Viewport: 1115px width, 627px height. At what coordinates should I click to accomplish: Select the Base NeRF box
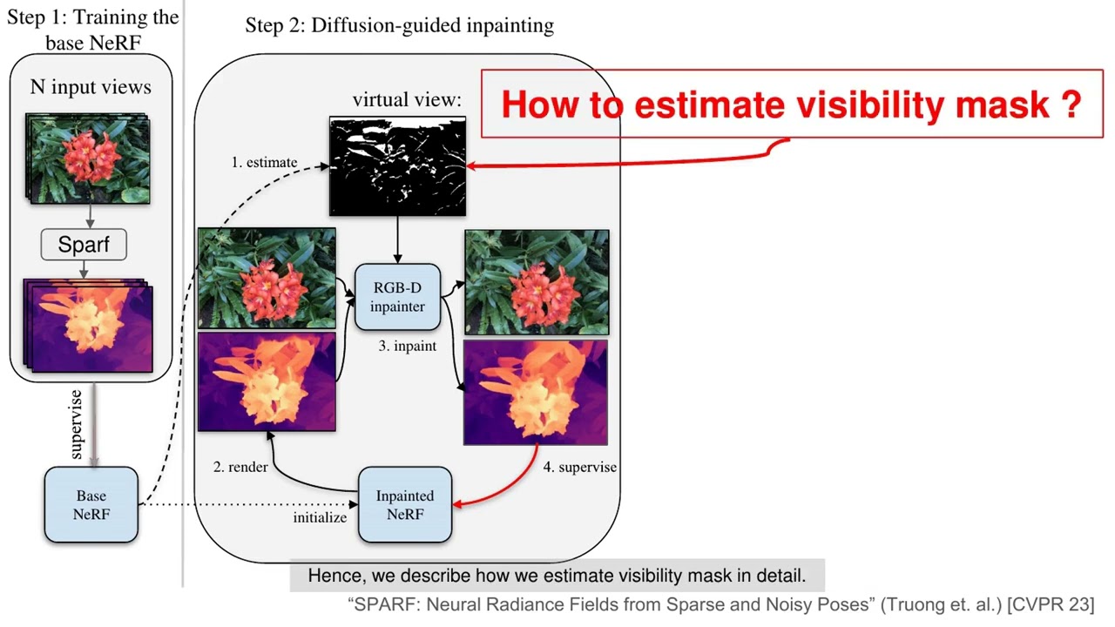coord(91,504)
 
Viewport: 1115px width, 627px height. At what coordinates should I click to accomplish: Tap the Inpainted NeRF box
coord(405,504)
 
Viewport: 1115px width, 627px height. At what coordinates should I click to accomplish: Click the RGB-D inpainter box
coord(397,296)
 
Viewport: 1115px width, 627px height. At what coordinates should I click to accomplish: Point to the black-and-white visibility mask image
coord(397,165)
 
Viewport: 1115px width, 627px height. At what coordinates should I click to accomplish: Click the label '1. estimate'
coord(264,162)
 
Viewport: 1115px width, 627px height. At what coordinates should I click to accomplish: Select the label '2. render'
coord(241,467)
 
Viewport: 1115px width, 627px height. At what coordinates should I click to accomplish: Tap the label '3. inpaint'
coord(408,346)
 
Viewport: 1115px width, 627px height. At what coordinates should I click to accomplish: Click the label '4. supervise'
coord(580,467)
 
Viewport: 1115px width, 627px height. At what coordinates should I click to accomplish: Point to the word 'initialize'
coord(320,517)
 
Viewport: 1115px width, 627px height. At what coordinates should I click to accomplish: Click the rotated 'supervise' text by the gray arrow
coord(77,424)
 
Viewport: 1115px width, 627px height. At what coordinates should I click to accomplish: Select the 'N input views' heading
coord(91,87)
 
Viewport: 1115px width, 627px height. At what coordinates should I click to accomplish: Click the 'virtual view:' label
coord(406,99)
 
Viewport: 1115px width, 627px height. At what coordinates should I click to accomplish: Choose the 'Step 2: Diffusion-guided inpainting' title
coord(399,25)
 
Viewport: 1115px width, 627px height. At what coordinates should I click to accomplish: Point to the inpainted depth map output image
coord(536,393)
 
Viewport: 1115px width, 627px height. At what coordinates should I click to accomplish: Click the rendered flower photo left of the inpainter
coord(267,278)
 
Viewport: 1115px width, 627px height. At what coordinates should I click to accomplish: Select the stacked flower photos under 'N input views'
coord(89,158)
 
